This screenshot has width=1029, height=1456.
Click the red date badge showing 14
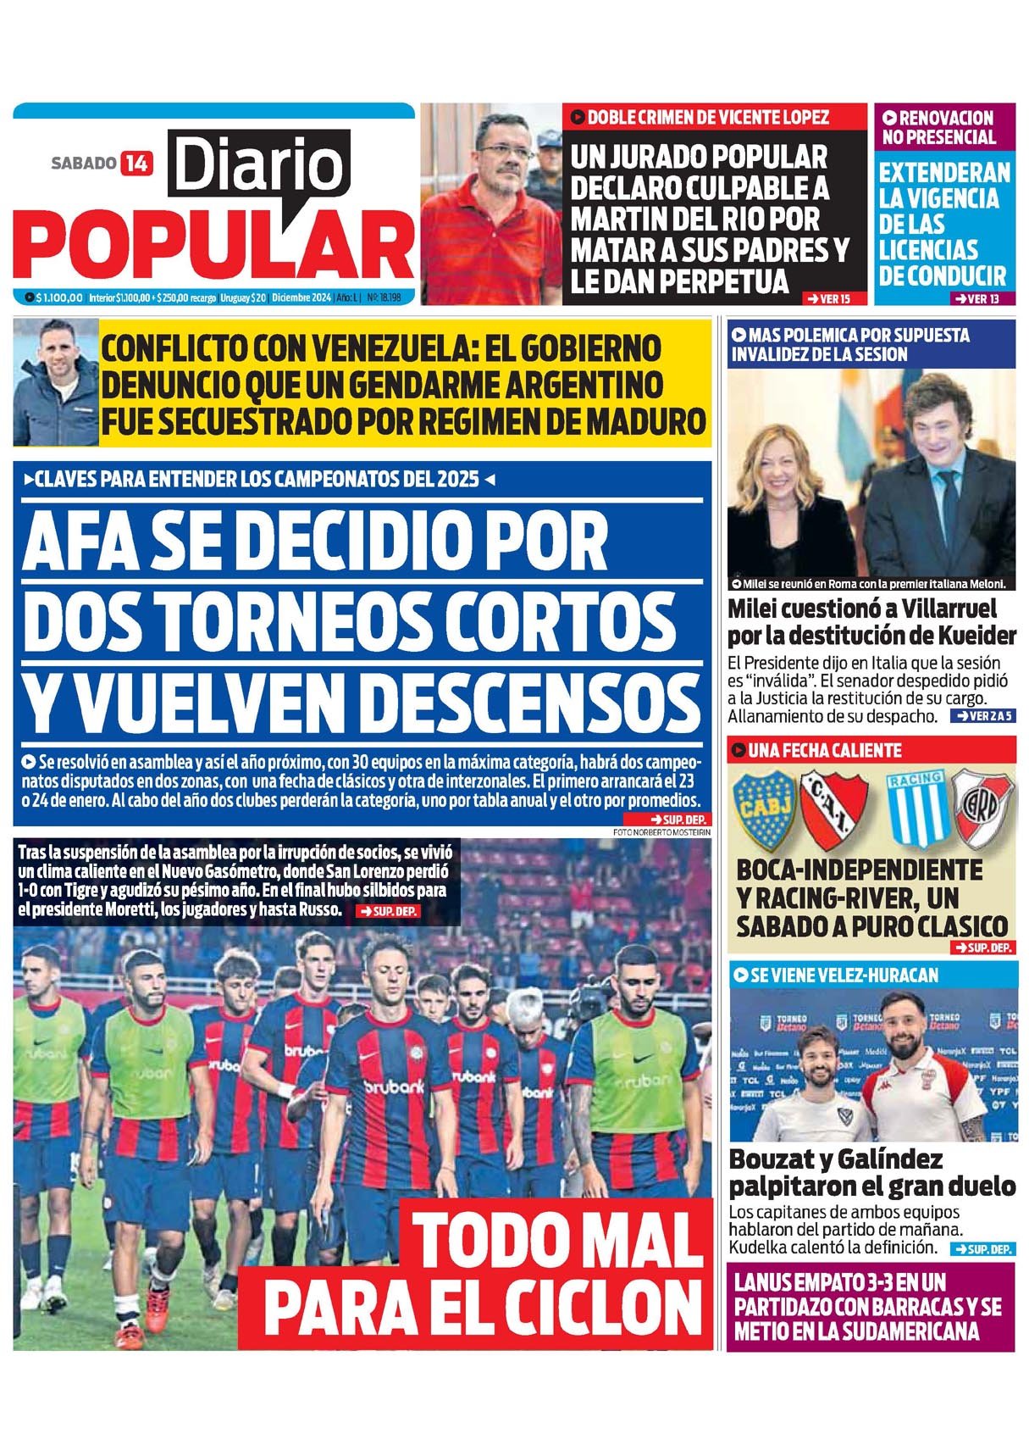[136, 162]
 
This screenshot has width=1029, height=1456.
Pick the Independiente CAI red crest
[833, 809]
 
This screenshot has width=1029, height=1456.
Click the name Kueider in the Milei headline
[971, 636]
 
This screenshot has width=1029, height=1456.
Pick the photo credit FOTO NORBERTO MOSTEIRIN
[661, 832]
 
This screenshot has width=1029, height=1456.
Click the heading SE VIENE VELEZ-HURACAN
[844, 975]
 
